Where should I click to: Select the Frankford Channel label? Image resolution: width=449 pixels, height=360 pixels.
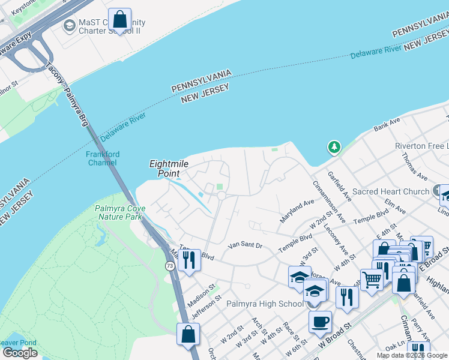(x=103, y=158)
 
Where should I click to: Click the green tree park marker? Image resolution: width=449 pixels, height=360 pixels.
(x=334, y=146)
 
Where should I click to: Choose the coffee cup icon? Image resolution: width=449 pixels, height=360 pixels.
(x=320, y=322)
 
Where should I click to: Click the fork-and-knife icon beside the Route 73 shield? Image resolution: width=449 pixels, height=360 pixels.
(x=189, y=260)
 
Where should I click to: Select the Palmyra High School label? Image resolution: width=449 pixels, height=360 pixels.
(x=265, y=304)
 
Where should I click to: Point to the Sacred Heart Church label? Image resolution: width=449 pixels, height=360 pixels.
(x=390, y=191)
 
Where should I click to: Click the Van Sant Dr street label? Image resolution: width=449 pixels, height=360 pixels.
(x=246, y=245)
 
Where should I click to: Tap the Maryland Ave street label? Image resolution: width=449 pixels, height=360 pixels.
(x=297, y=211)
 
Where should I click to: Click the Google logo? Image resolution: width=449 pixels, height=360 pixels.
(x=19, y=353)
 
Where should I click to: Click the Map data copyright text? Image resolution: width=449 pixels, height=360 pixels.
(x=412, y=355)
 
